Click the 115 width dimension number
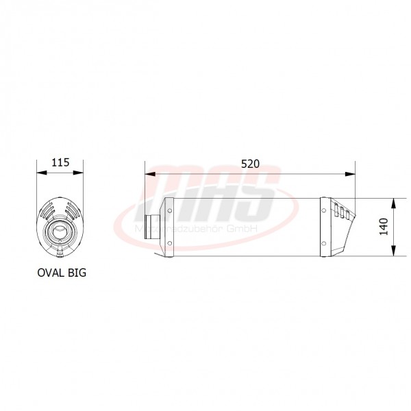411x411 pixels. pos(60,163)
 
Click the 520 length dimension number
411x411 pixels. pos(250,166)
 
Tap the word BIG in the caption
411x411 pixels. pos(77,272)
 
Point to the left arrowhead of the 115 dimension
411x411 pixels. pos(39,173)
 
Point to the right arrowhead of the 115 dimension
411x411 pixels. pos(82,173)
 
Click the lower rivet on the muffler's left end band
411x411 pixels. pos(169,244)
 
